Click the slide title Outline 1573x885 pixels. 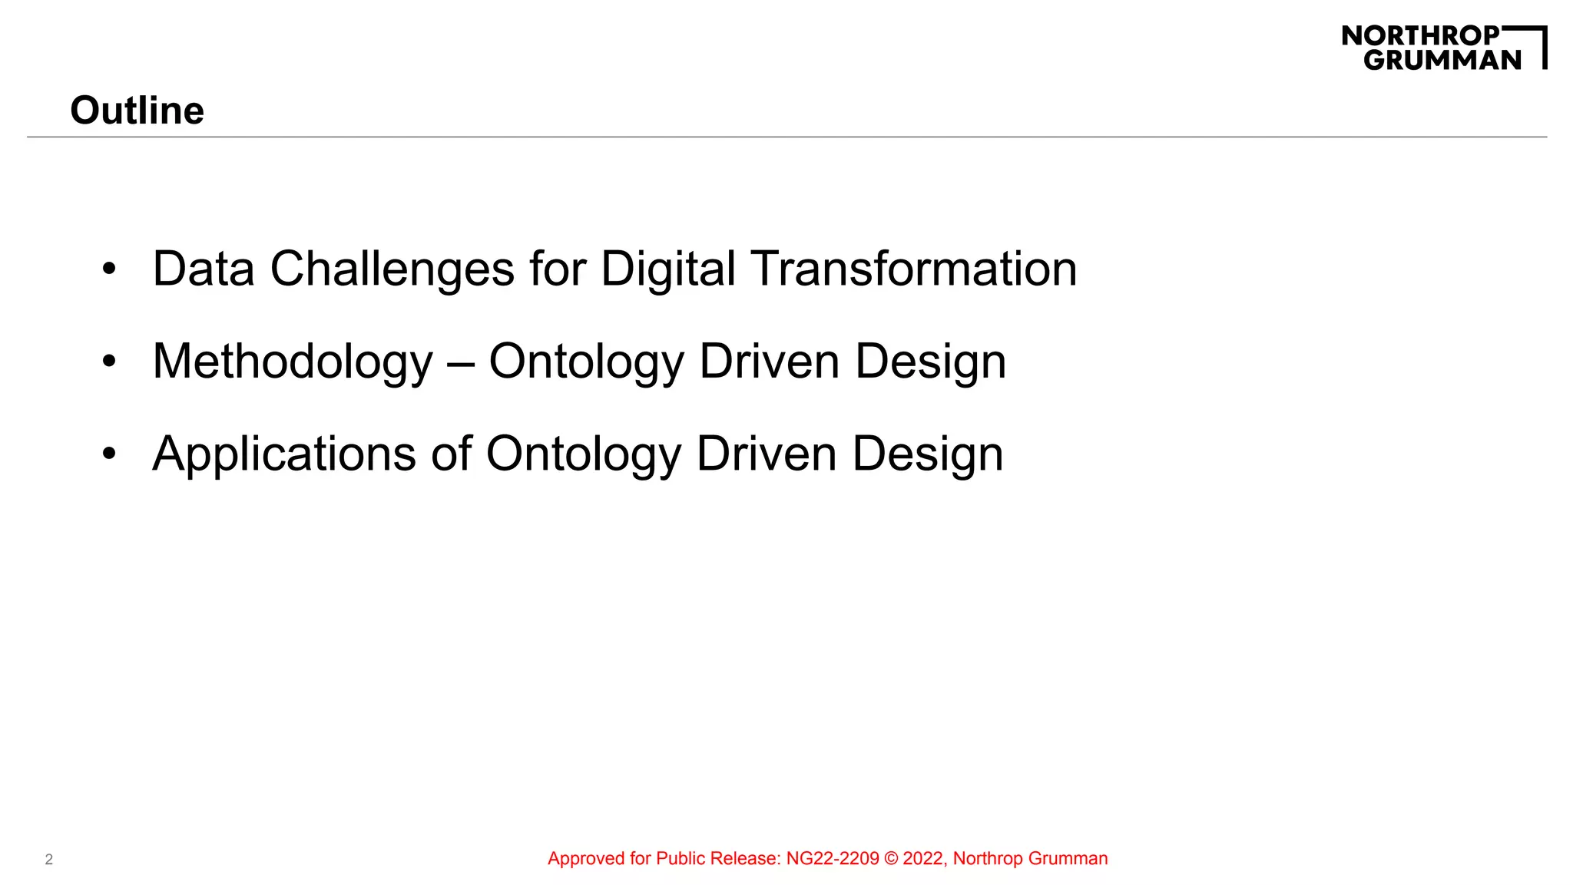point(137,111)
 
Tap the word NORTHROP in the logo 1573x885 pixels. point(1420,35)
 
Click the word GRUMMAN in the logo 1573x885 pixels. point(1442,60)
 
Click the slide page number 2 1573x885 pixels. point(49,860)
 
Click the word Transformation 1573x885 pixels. point(913,269)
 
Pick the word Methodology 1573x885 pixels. point(293,362)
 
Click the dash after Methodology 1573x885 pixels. point(461,362)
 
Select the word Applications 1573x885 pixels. point(284,454)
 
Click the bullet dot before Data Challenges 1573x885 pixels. point(109,269)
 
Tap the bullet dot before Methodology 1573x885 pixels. point(109,362)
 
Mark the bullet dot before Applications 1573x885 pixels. point(109,454)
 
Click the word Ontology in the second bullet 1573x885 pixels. point(586,362)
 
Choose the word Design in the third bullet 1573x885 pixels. point(927,454)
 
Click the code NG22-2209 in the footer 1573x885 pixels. point(833,859)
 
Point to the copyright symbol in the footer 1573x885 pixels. point(891,859)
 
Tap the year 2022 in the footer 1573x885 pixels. point(924,859)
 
